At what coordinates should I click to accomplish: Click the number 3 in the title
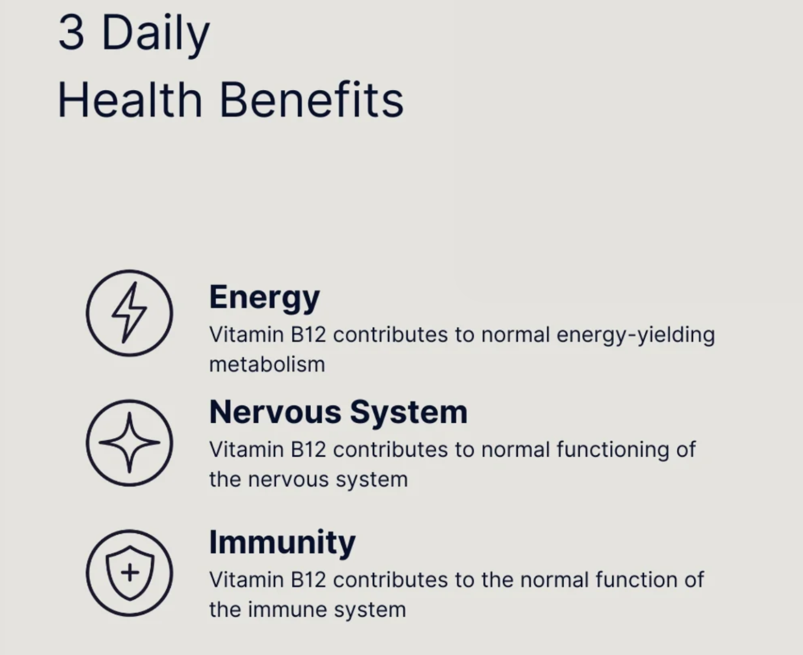(71, 33)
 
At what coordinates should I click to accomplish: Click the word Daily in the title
(156, 34)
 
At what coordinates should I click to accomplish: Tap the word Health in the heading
(130, 100)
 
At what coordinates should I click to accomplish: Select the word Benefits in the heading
(311, 100)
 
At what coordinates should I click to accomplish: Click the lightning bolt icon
(129, 313)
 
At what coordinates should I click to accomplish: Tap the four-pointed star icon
(129, 443)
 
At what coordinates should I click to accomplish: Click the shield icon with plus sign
(129, 572)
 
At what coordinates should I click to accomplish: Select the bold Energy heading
(264, 298)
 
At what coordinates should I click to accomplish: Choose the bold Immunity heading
(282, 542)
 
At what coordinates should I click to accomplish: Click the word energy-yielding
(635, 335)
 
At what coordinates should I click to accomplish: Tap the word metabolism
(267, 365)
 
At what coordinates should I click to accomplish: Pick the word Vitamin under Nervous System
(246, 450)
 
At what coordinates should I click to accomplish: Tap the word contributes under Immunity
(390, 580)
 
